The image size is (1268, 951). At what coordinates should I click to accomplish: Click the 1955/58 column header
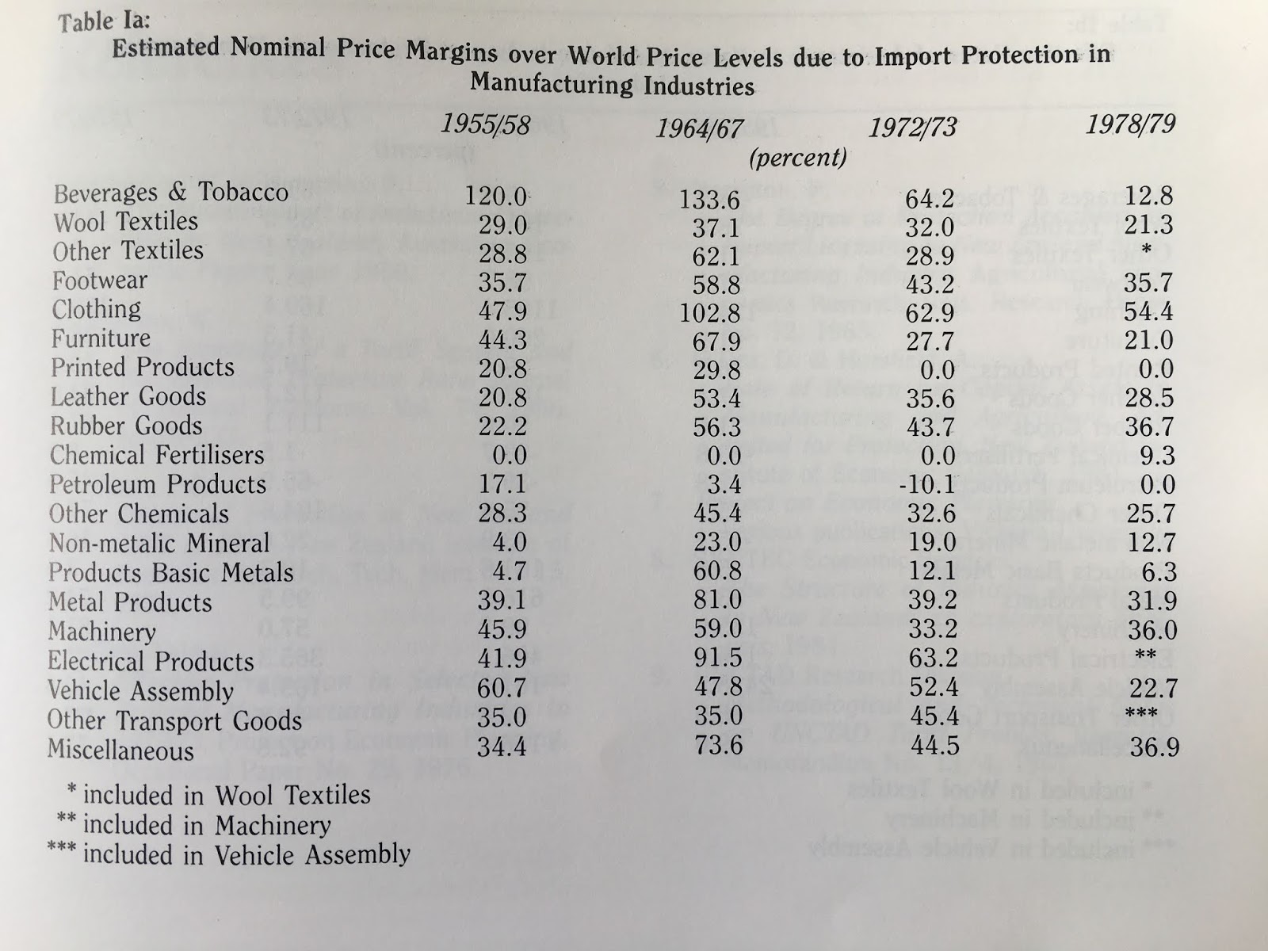point(484,124)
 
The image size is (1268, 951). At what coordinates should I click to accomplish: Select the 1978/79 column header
point(1132,124)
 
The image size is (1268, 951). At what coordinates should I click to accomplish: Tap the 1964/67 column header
point(698,128)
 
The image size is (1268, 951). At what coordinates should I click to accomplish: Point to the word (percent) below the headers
point(797,158)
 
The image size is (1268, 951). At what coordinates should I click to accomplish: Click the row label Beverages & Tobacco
point(170,193)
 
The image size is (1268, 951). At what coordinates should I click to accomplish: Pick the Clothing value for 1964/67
point(709,312)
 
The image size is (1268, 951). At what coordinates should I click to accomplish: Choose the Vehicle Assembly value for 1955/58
point(502,688)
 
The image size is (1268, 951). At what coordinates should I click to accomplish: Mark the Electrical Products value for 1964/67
point(716,657)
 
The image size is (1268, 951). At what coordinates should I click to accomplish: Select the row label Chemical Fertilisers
point(157,455)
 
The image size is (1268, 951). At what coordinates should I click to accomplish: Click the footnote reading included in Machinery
point(206,825)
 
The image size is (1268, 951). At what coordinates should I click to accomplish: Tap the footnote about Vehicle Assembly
point(246,854)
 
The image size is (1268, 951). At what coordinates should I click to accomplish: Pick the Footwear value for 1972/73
point(930,281)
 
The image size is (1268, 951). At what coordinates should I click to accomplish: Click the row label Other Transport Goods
point(174,720)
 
